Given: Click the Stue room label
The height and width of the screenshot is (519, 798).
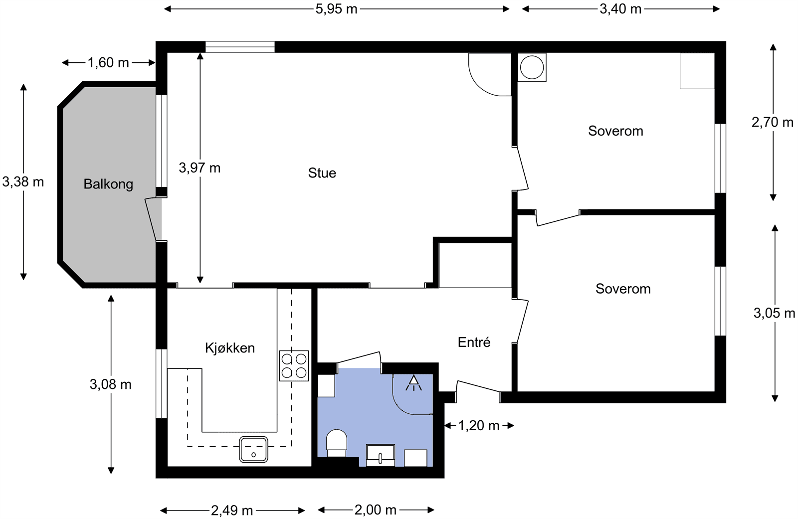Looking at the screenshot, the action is (x=322, y=173).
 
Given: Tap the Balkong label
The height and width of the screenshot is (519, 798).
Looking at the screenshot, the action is (x=108, y=184).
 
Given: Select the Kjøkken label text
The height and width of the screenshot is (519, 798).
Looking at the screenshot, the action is (x=230, y=347).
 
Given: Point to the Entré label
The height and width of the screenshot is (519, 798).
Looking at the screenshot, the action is (x=474, y=342).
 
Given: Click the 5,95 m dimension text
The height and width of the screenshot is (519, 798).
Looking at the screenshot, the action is (x=336, y=9).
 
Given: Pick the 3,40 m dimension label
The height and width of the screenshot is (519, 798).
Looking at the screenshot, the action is (x=620, y=9).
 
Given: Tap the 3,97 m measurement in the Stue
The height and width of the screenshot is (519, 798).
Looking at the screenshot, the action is (x=199, y=168).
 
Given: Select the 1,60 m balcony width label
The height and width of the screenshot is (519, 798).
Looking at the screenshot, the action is (x=108, y=63).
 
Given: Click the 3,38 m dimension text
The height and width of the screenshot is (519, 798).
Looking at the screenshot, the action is (x=23, y=182).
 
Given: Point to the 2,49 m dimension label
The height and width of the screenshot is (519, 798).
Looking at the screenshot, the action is (x=232, y=511).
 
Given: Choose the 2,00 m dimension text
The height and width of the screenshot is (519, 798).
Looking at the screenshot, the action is (x=376, y=510).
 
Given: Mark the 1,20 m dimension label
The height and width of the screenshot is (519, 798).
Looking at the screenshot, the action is (x=478, y=425).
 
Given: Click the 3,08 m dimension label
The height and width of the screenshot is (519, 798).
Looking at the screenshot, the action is (x=110, y=384).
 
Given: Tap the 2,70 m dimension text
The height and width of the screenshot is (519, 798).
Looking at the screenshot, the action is (x=773, y=123).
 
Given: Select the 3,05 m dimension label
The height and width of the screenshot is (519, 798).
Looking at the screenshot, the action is (x=774, y=313).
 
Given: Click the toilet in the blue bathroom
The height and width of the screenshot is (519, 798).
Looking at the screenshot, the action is (x=337, y=443).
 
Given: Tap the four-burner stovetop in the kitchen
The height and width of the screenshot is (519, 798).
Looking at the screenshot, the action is (x=294, y=366).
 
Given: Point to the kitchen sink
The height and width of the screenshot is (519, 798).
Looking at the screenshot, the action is (x=253, y=449).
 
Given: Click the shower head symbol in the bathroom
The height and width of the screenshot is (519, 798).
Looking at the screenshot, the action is (x=413, y=383).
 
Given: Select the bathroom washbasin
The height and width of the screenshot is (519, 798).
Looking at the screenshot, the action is (x=381, y=455).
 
